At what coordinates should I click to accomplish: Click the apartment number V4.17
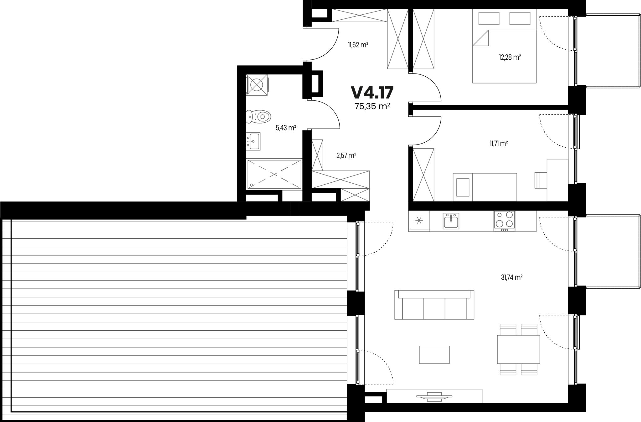[372, 92]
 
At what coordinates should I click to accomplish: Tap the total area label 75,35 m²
[372, 106]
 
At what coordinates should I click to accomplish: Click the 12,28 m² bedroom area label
[510, 57]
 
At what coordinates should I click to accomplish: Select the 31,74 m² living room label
[512, 277]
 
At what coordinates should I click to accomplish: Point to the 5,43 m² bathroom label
[286, 128]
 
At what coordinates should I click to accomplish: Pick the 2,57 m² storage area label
[346, 155]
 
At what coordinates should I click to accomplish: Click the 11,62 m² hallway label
[358, 45]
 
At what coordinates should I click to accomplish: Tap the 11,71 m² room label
[499, 144]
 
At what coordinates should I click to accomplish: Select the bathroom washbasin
[253, 141]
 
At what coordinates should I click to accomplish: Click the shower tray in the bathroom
[274, 174]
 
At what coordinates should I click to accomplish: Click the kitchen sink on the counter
[451, 221]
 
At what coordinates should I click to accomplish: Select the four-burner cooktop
[504, 221]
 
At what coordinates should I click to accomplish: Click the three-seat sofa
[434, 305]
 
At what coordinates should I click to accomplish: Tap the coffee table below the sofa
[434, 355]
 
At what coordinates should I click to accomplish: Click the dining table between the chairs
[518, 349]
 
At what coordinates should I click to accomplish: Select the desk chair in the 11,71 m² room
[541, 180]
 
